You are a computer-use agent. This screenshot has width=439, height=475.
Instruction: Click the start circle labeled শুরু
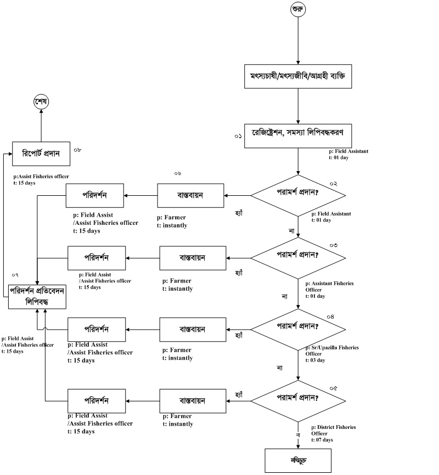[298, 9]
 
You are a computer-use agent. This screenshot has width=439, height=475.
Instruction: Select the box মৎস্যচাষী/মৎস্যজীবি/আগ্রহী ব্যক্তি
[298, 77]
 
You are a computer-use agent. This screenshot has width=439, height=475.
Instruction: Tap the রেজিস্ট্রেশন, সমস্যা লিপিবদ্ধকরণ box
[298, 135]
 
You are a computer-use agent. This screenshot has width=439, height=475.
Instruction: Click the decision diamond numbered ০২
[298, 195]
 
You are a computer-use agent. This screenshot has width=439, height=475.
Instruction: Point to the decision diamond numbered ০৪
[298, 329]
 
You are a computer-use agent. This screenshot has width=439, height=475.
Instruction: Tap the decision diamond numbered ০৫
[298, 400]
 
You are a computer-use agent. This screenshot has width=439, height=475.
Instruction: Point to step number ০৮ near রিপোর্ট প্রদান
[77, 149]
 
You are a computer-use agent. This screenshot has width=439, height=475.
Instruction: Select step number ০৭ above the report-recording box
[16, 274]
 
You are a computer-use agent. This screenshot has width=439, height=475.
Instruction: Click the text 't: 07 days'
[322, 440]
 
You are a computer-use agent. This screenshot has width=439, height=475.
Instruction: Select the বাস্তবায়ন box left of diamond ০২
[190, 195]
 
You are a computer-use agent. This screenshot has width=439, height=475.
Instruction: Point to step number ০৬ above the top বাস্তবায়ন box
[177, 173]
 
